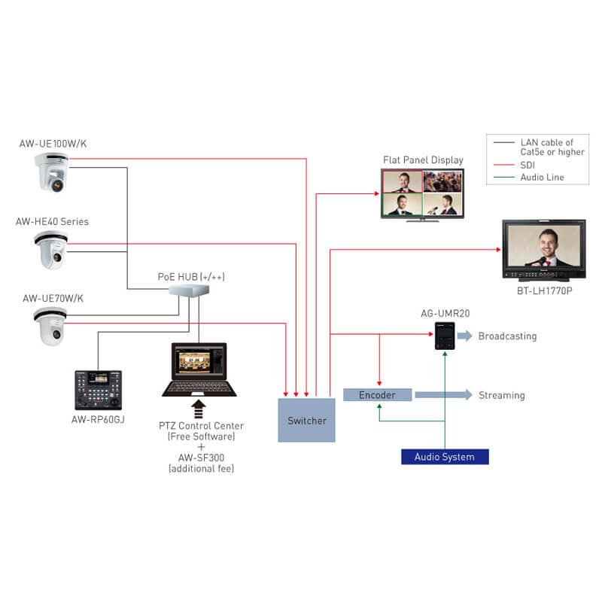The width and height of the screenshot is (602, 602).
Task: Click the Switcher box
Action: click(x=306, y=420)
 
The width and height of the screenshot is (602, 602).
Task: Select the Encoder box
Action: click(x=377, y=394)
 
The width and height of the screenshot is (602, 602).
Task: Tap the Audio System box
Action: click(x=444, y=457)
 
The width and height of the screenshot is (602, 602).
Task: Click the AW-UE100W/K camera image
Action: click(x=52, y=175)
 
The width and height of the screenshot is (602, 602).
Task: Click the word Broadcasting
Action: click(x=507, y=336)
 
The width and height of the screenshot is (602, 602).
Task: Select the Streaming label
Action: click(x=502, y=395)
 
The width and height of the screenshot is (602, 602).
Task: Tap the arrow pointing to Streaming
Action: click(x=444, y=394)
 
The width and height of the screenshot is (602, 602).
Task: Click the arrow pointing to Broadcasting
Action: click(x=464, y=336)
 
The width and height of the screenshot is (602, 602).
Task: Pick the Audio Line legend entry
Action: click(x=542, y=177)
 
